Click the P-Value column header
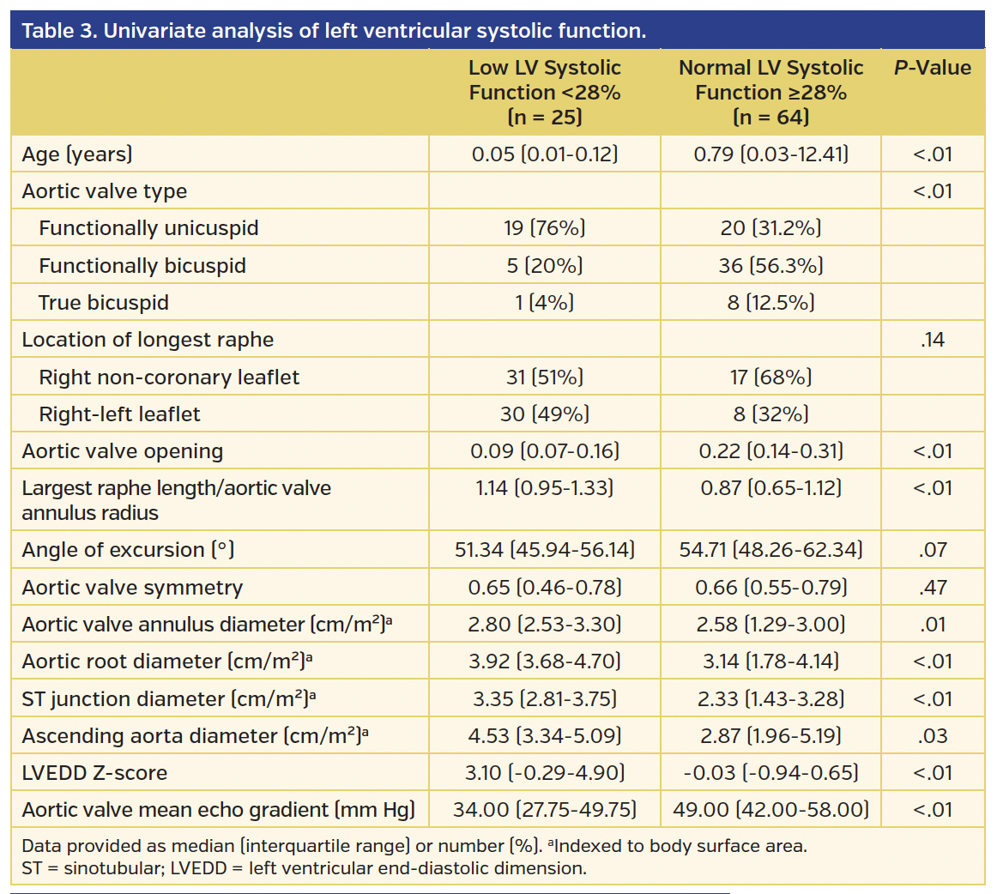tap(933, 69)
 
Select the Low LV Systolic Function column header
tap(545, 92)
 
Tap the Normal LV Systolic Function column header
tap(770, 92)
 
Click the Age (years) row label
tap(77, 154)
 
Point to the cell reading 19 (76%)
tap(545, 228)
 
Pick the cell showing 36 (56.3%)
tap(770, 266)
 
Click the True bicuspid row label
tap(104, 303)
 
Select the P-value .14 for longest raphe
tap(933, 340)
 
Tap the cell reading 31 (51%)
tap(545, 378)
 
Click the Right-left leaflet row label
tap(119, 414)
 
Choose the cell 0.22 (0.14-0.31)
tap(770, 451)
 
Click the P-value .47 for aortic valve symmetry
tap(933, 588)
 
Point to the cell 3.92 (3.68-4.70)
tap(545, 661)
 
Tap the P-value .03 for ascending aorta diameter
tap(933, 736)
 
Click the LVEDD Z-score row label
tap(94, 773)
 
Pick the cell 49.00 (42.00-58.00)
tap(770, 810)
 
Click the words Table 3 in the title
tap(57, 32)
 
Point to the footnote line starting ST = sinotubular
tap(305, 867)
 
